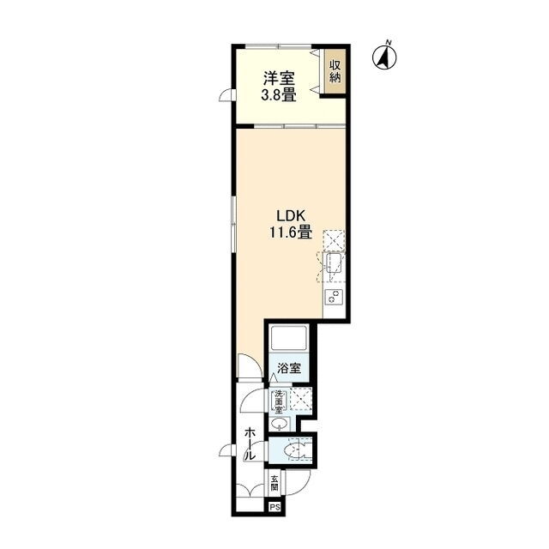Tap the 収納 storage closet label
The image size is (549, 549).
(x=335, y=71)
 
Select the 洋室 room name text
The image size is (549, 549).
(x=279, y=78)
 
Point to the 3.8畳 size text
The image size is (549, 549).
(x=279, y=95)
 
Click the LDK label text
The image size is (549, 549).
(x=292, y=216)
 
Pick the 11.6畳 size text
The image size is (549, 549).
(x=291, y=232)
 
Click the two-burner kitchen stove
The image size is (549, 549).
(x=334, y=298)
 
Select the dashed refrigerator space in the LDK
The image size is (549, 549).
(x=334, y=241)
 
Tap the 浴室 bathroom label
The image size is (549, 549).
(x=289, y=368)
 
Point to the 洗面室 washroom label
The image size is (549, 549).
(x=279, y=401)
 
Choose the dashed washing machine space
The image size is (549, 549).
(x=301, y=399)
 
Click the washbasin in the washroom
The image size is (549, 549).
(x=280, y=424)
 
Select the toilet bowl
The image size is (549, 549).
(x=293, y=450)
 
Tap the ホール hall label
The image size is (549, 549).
(x=250, y=443)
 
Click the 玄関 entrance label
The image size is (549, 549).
(x=274, y=483)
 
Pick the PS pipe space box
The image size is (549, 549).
(x=274, y=507)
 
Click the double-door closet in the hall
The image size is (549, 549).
(x=250, y=490)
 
